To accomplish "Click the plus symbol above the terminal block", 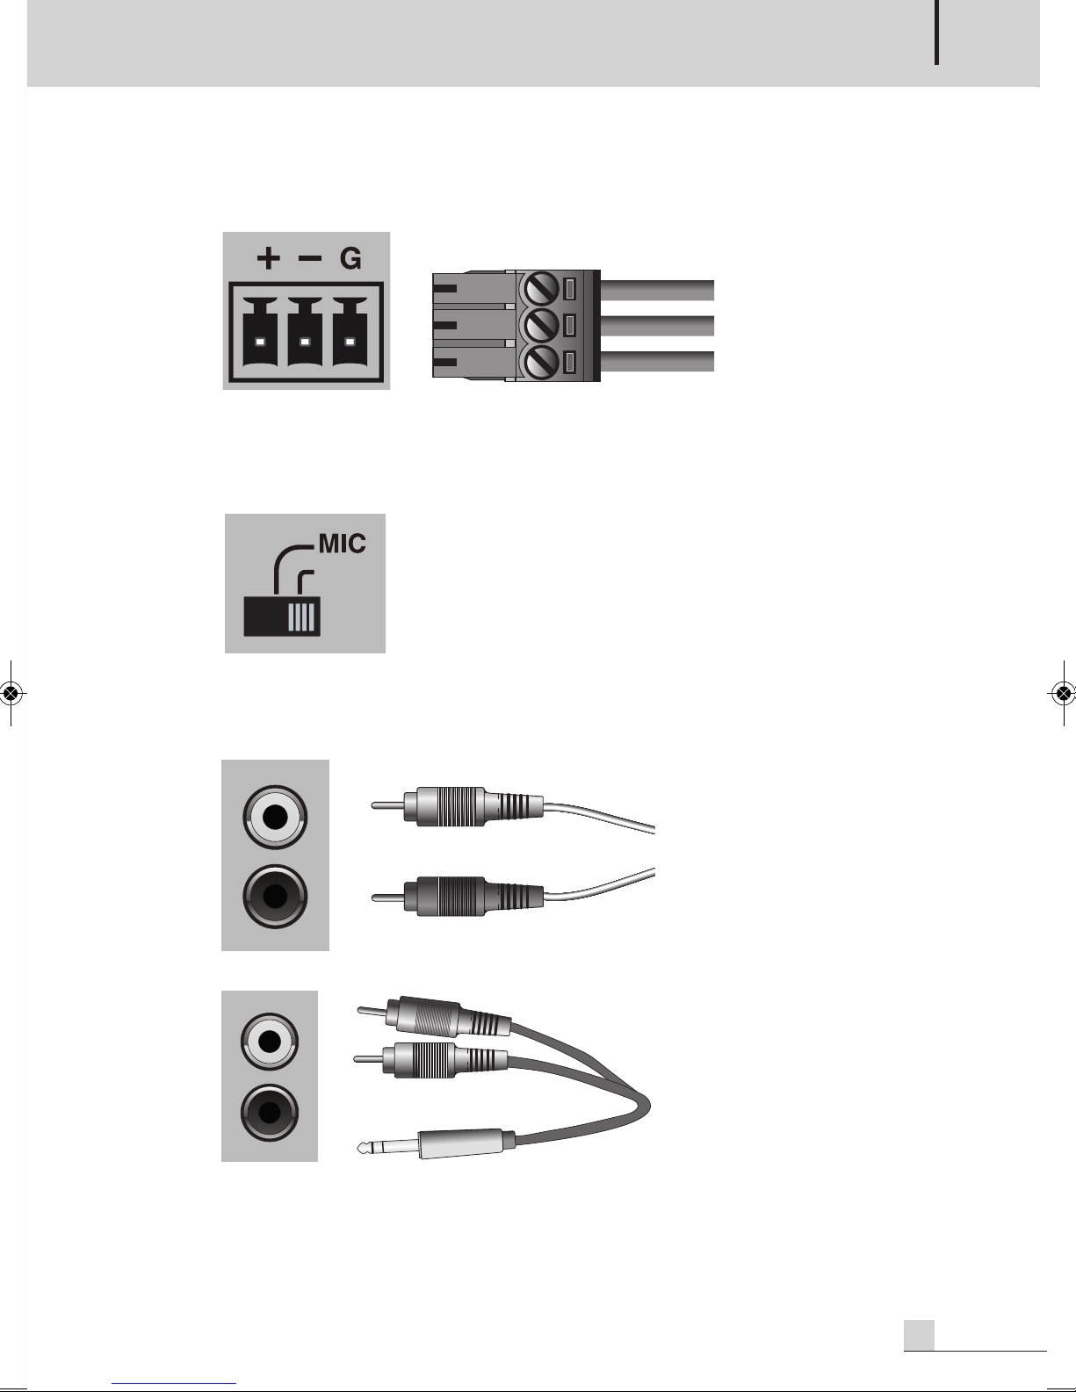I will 268,258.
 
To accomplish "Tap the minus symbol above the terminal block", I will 309,258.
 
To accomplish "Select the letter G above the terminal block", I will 350,259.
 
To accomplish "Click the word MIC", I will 342,544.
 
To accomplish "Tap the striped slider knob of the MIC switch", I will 303,616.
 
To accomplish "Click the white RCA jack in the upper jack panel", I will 276,817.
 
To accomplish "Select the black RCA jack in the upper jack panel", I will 276,897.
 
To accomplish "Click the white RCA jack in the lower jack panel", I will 270,1042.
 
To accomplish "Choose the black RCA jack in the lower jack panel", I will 270,1113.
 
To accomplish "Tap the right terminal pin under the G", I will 350,341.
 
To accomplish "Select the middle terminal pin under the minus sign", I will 305,341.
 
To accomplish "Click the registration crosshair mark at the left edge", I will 11,693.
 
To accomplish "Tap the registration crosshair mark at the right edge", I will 1063,693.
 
